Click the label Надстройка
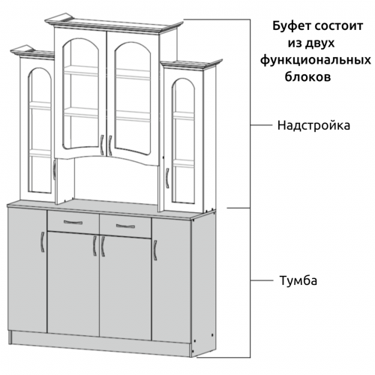click(313, 125)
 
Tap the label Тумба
click(298, 280)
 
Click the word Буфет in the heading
click(291, 26)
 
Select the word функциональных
click(316, 61)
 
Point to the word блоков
click(307, 76)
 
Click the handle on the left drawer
click(73, 222)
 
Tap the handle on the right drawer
click(125, 226)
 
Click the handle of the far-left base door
click(42, 241)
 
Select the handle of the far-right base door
click(155, 250)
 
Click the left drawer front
click(73, 222)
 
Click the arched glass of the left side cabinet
click(40, 130)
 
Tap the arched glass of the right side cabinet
click(183, 140)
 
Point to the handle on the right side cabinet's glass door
click(167, 178)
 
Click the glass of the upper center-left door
click(81, 94)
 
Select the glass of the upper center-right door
click(133, 98)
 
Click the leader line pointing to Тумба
click(262, 280)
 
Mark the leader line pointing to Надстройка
click(261, 124)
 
